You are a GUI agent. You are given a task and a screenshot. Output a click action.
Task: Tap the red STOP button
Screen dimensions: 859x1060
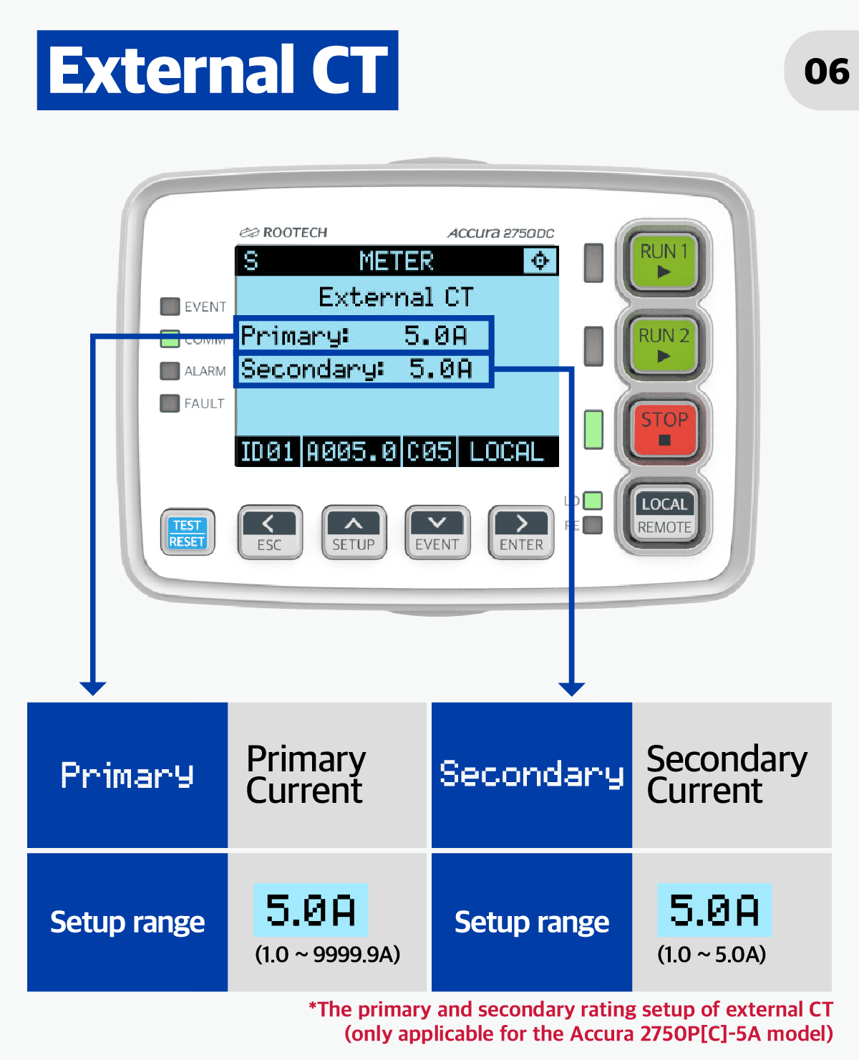[x=664, y=428]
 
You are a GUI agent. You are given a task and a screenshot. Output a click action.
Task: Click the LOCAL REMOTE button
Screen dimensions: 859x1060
[x=664, y=514]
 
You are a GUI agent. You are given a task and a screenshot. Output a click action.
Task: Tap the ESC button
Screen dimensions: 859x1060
[x=270, y=532]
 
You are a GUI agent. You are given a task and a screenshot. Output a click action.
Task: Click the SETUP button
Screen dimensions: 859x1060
[x=354, y=532]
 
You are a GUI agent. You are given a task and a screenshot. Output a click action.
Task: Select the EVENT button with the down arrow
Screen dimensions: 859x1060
[x=437, y=532]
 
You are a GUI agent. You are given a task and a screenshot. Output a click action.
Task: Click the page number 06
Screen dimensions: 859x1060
[x=826, y=71]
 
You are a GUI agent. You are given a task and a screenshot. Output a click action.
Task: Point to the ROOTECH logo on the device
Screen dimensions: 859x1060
[x=283, y=232]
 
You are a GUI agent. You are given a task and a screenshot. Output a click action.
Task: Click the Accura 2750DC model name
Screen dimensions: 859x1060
[x=500, y=233]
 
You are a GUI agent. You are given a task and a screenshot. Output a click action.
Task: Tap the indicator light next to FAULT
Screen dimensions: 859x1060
[x=170, y=403]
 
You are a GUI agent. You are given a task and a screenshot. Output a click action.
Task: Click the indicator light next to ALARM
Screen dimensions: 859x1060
[x=170, y=371]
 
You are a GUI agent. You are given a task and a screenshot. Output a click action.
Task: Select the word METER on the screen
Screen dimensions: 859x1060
[x=397, y=261]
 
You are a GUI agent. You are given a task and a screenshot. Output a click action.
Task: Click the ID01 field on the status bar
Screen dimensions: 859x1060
[x=267, y=452]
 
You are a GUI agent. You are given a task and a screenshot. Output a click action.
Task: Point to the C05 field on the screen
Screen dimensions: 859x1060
[x=429, y=452]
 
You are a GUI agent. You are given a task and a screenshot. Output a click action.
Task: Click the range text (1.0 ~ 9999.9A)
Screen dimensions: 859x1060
[x=327, y=954]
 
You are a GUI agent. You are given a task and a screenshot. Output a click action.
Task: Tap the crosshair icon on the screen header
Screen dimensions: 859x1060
[x=540, y=260]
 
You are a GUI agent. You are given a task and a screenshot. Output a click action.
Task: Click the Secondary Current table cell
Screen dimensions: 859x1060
[x=732, y=774]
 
